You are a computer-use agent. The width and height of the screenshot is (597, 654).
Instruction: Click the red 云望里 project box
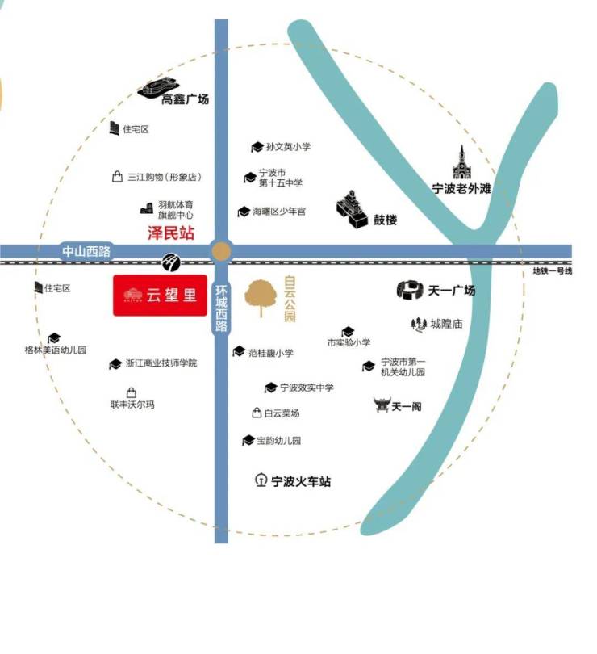click(160, 296)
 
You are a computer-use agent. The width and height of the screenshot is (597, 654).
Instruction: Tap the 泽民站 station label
click(171, 233)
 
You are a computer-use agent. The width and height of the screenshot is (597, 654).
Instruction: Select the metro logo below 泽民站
click(171, 262)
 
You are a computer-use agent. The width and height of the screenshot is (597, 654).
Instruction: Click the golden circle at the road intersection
click(221, 251)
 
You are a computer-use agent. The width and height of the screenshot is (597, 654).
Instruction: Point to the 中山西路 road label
click(86, 251)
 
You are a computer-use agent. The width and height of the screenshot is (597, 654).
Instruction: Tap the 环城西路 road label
click(221, 308)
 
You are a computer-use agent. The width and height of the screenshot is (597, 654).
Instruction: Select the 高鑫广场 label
click(185, 99)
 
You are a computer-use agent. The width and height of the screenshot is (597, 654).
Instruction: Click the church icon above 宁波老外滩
click(462, 162)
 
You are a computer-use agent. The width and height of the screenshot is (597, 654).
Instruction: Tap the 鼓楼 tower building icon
click(352, 210)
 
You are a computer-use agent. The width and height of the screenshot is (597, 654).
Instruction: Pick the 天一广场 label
click(452, 291)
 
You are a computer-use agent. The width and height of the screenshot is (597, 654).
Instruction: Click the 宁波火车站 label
click(301, 481)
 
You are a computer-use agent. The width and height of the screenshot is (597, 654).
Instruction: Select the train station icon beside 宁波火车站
click(261, 480)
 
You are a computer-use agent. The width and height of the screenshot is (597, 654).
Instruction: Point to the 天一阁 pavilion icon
click(382, 405)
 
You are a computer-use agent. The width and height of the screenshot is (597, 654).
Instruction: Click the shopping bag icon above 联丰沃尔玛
click(132, 392)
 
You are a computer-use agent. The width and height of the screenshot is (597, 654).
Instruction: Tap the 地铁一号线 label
click(552, 271)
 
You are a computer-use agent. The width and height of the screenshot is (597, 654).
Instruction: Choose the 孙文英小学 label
click(289, 146)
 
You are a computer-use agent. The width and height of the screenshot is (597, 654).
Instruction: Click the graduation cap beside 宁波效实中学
click(270, 388)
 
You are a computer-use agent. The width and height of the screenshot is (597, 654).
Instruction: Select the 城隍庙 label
click(446, 324)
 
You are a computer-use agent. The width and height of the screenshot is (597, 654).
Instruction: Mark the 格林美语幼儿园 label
click(56, 350)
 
